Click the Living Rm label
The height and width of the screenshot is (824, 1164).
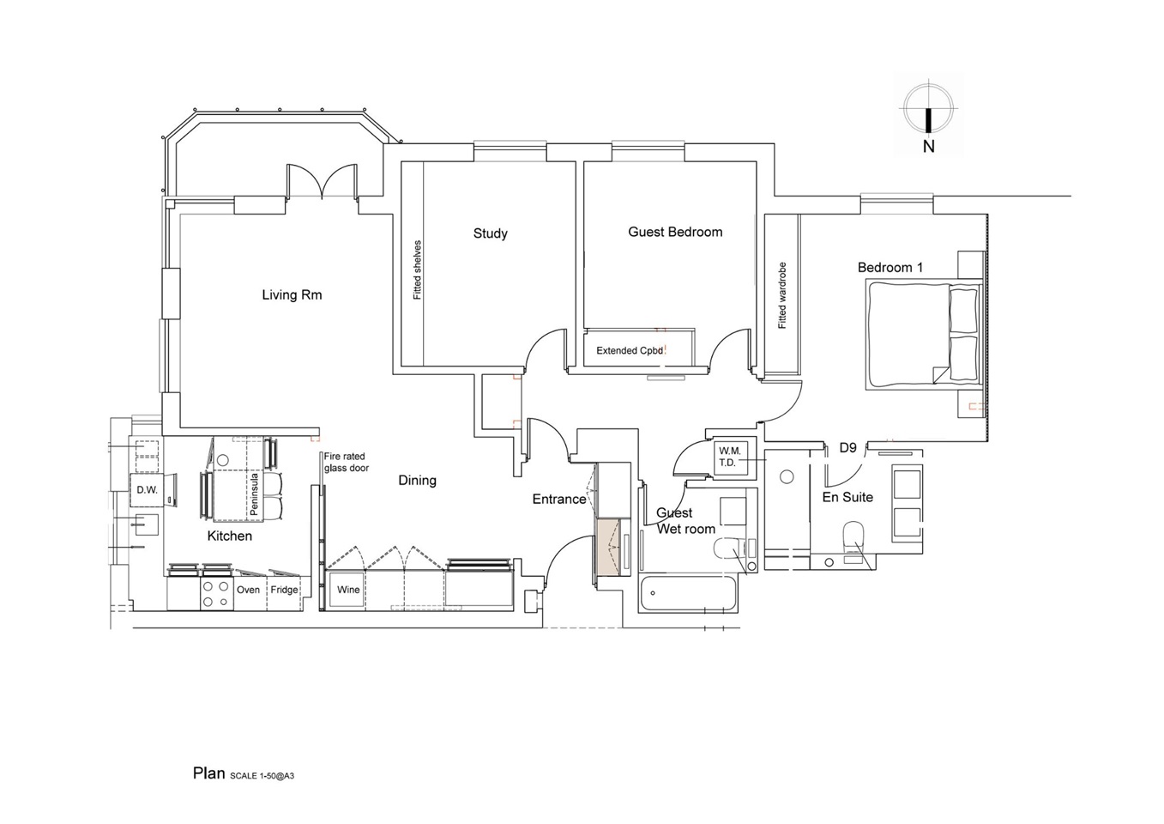pos(292,295)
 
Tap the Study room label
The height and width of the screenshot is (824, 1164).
pos(490,233)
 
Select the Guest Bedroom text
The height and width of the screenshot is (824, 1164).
pos(675,232)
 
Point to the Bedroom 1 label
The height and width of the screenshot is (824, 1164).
pos(890,268)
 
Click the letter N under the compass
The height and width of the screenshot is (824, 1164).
pos(928,147)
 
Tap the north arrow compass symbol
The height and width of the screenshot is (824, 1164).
pos(928,110)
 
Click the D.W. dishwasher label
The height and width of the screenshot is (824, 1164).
pos(147,490)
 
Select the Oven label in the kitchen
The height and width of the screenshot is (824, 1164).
pos(248,590)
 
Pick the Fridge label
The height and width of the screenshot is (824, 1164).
pos(284,590)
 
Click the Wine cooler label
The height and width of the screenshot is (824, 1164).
pos(348,590)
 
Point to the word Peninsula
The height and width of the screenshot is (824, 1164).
pos(254,494)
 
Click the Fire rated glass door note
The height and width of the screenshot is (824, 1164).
pos(346,463)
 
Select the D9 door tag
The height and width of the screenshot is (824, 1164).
pos(847,448)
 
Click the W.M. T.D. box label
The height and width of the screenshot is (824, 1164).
pos(729,457)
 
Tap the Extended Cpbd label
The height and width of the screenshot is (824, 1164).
pos(630,350)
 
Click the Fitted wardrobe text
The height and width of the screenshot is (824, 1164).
pos(782,295)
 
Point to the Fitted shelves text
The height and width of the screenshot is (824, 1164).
pos(418,270)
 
